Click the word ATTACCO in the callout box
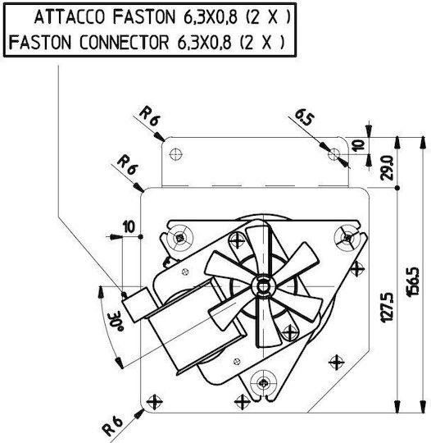tap(70, 17)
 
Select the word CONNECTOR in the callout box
tap(124, 43)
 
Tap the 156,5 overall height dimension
tap(414, 282)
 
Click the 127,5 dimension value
tap(387, 307)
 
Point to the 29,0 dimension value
tap(387, 168)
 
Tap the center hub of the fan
tap(263, 287)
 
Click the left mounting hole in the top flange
tap(175, 154)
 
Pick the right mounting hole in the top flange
tap(334, 154)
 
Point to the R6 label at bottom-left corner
tap(112, 426)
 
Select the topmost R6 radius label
tap(150, 116)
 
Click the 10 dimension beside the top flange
tap(359, 145)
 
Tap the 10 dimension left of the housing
tap(129, 227)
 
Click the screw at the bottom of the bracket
tap(263, 383)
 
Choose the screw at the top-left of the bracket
tap(179, 238)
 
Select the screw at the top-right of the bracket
tap(347, 238)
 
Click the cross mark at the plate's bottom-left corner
tap(155, 402)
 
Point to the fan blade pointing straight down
tap(268, 322)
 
